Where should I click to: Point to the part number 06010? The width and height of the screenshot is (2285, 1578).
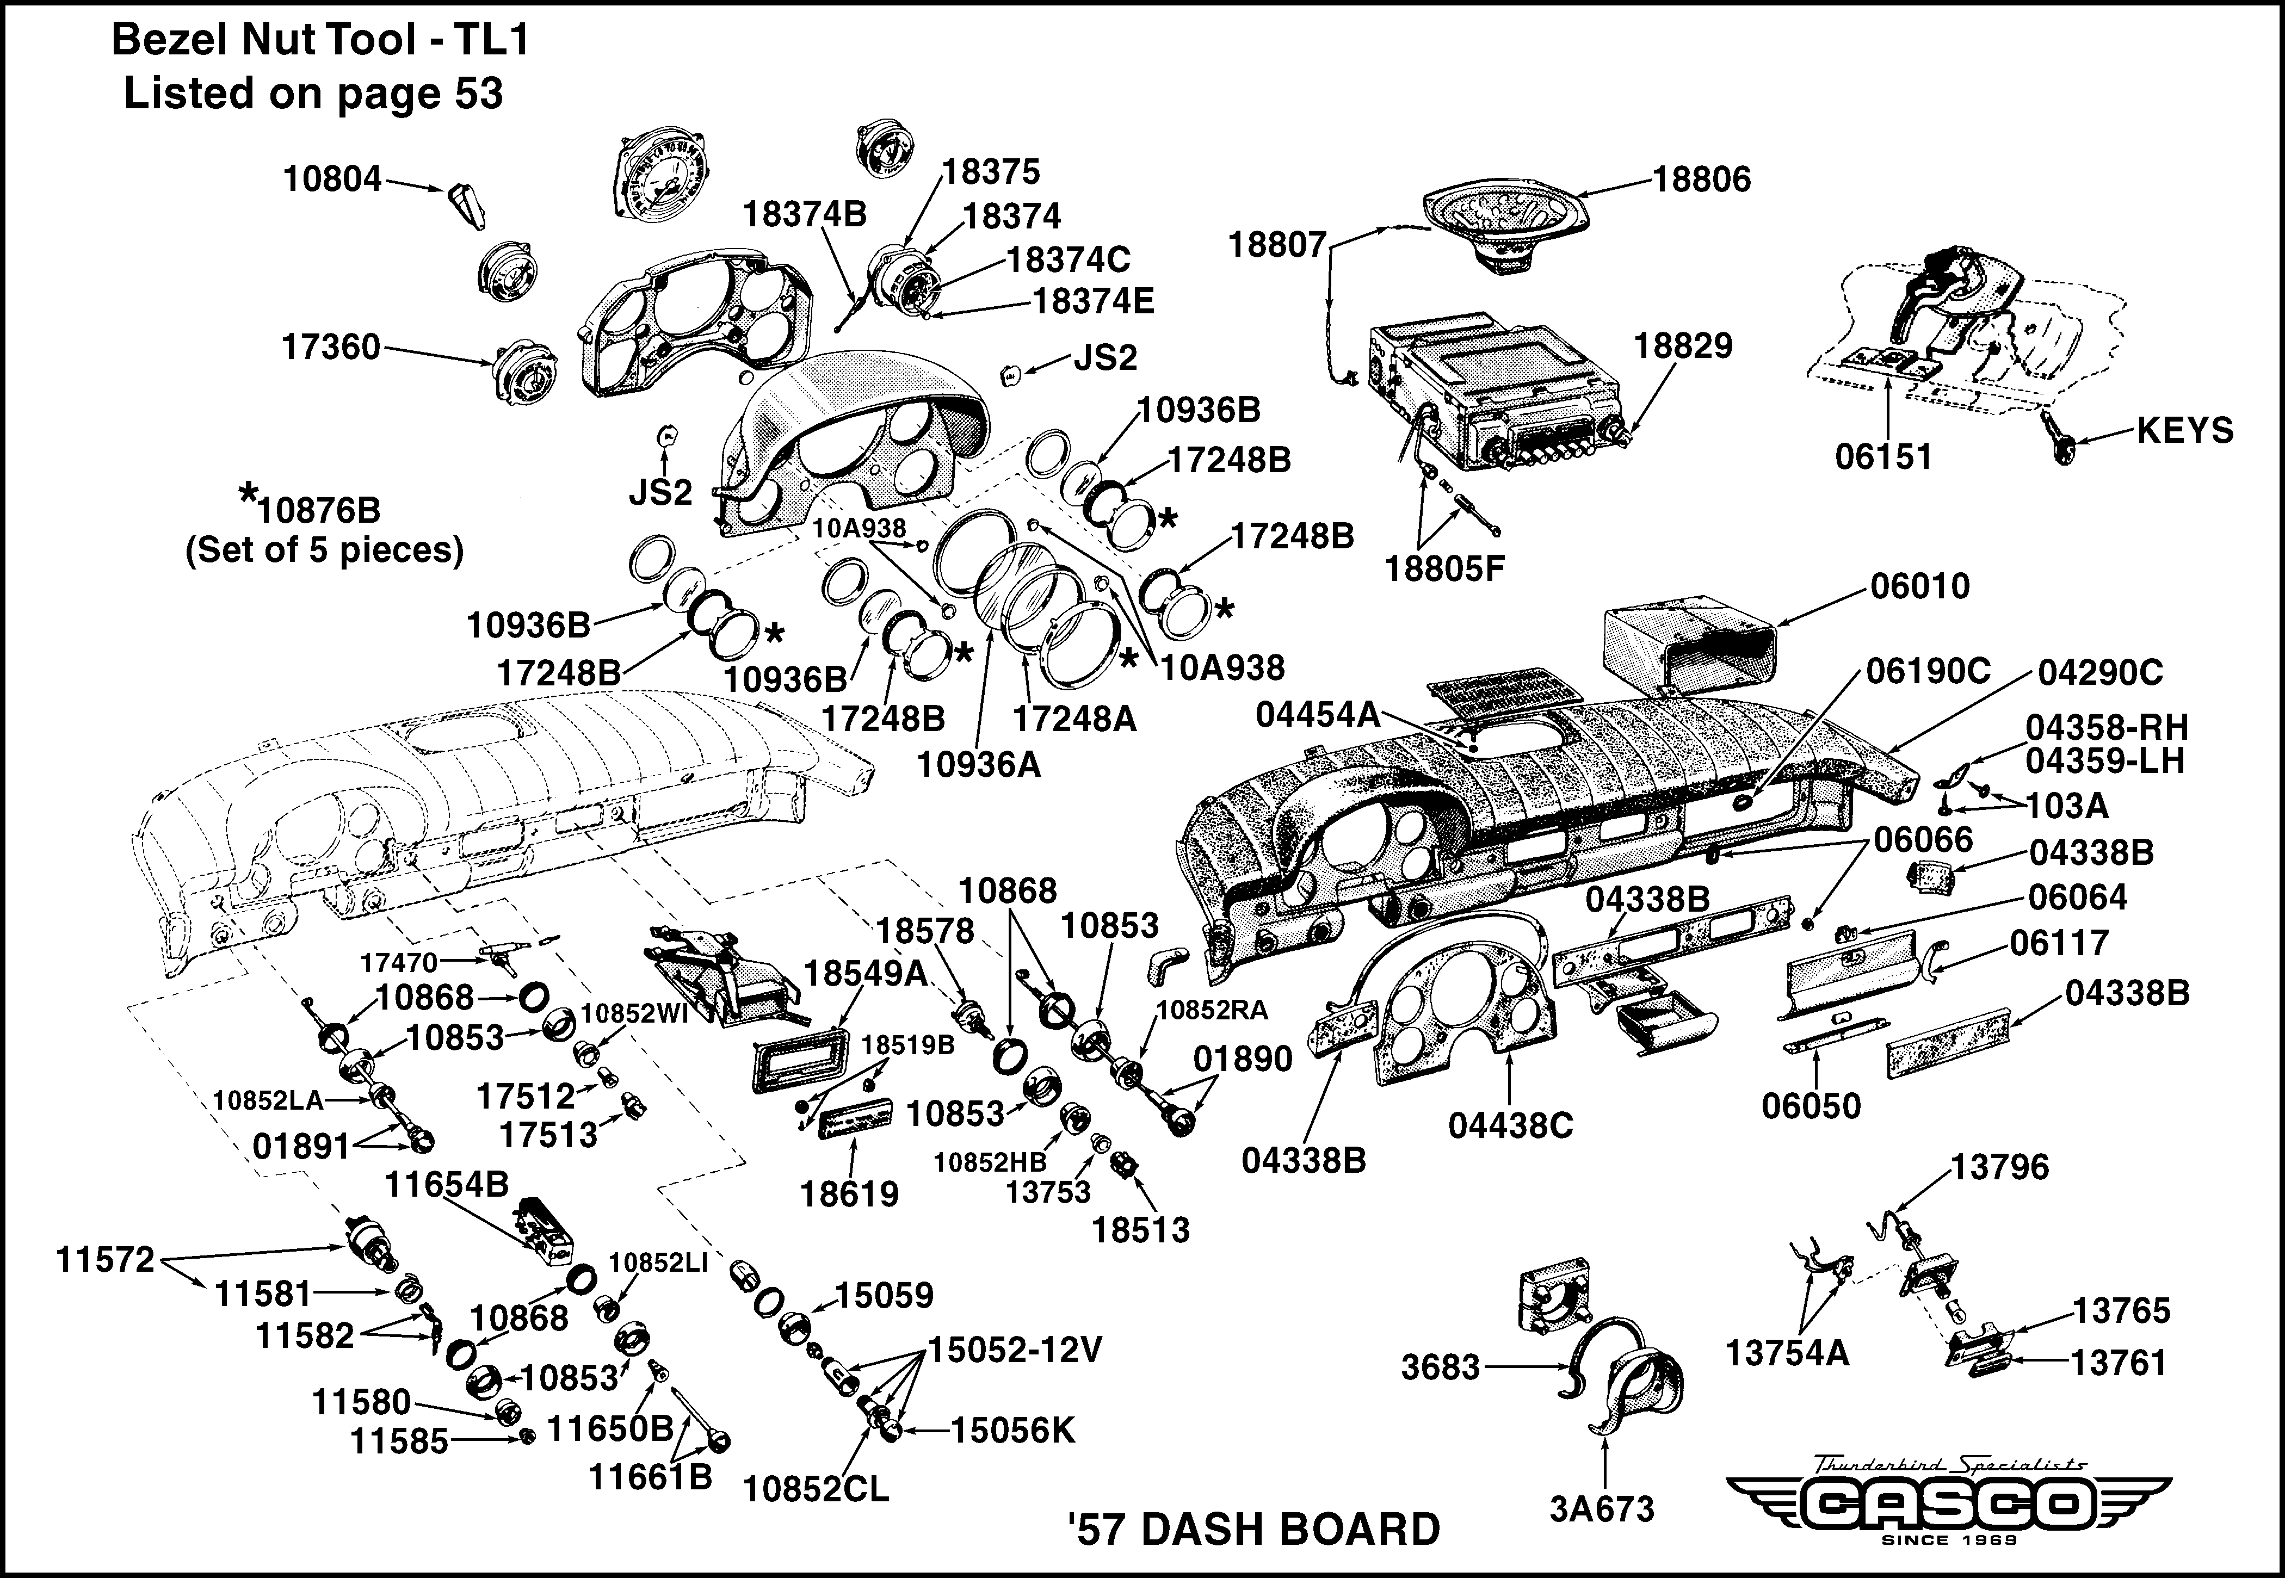[x=1920, y=586]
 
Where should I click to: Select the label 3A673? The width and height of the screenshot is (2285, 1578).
[x=1602, y=1509]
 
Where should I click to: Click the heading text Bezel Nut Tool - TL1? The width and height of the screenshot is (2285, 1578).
[x=322, y=41]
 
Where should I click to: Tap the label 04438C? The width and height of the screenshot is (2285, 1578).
[x=1511, y=1125]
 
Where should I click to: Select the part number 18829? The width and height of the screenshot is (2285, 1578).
[x=1683, y=346]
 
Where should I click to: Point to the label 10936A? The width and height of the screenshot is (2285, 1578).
[x=979, y=764]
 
